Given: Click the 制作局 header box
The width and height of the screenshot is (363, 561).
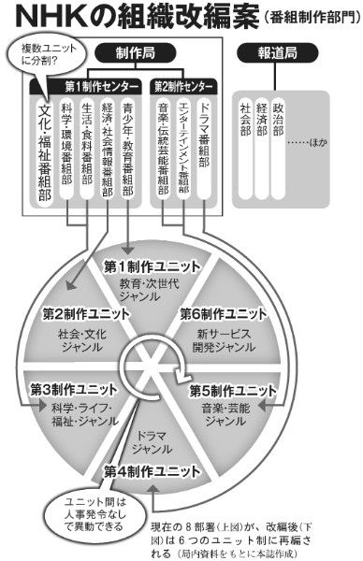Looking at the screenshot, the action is tap(131, 54).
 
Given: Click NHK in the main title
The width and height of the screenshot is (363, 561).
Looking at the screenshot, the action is tap(56, 19).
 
